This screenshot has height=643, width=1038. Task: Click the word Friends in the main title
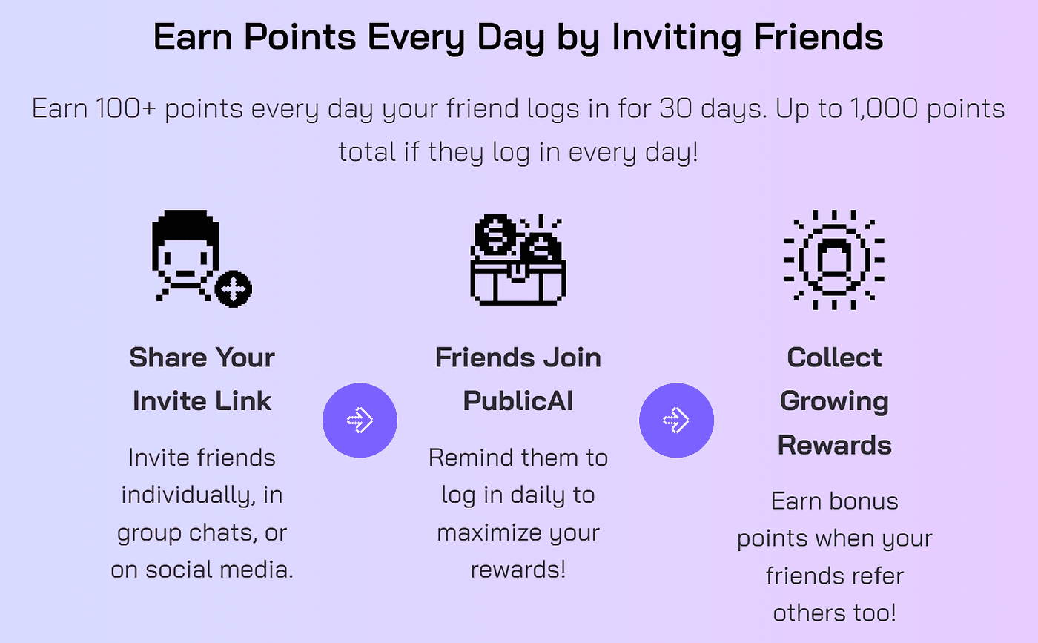coord(818,36)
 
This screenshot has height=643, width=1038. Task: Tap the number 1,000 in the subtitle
coord(884,108)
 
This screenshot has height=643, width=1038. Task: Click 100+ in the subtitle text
coord(126,108)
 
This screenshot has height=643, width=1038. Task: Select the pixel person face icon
coord(185,255)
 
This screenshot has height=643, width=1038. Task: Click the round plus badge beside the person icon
coord(234,288)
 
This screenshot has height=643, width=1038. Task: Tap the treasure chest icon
coord(518,260)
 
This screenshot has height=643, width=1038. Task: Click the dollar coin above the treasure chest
coord(495,235)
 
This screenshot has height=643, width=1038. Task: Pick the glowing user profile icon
coord(834,260)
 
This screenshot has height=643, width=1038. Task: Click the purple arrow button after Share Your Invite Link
coord(360,420)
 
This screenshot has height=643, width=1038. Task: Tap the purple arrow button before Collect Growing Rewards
coord(676,420)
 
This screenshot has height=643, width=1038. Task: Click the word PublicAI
coord(518,400)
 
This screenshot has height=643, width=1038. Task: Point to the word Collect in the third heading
coord(834,357)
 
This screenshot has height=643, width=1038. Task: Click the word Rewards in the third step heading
coord(834,444)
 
